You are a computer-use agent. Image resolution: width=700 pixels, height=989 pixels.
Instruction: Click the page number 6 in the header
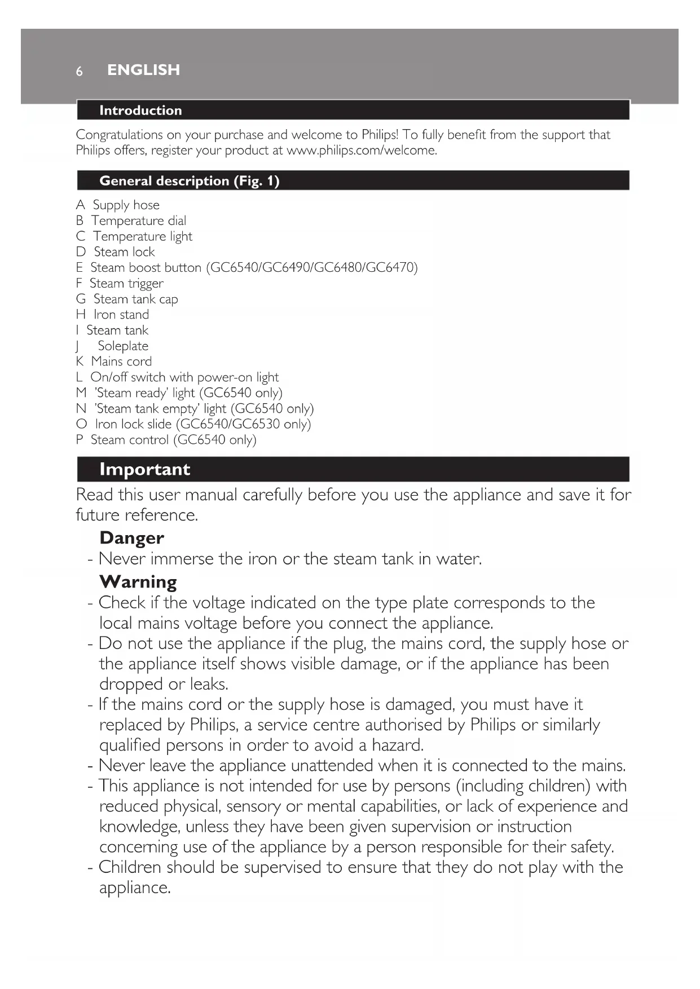(80, 71)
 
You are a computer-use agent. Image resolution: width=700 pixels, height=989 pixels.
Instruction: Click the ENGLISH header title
(143, 70)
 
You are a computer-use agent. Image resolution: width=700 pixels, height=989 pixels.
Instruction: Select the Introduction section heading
(140, 111)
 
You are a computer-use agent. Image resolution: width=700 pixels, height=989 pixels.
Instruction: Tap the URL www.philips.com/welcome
(362, 151)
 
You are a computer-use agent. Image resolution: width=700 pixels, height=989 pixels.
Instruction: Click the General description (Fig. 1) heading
(189, 181)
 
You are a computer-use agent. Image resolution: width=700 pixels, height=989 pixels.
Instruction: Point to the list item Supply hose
(126, 205)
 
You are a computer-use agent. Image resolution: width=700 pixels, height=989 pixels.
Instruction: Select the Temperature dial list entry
(139, 221)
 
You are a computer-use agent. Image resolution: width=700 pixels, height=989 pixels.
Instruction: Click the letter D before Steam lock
(81, 252)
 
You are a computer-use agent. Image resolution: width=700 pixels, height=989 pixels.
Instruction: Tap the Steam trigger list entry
(126, 284)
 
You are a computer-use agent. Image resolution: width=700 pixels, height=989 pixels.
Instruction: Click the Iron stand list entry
(121, 315)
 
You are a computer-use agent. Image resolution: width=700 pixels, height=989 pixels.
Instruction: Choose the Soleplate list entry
(123, 346)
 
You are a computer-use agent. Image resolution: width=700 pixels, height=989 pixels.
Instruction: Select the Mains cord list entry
(121, 361)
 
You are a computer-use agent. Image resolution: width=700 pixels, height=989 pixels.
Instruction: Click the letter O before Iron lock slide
(81, 424)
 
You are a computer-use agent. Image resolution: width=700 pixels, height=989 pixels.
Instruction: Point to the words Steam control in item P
(130, 440)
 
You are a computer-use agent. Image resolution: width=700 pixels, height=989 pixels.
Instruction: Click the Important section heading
(144, 469)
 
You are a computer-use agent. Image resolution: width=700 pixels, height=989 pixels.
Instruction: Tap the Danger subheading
(131, 538)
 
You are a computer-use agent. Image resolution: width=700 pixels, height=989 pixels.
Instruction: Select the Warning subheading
(138, 582)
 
